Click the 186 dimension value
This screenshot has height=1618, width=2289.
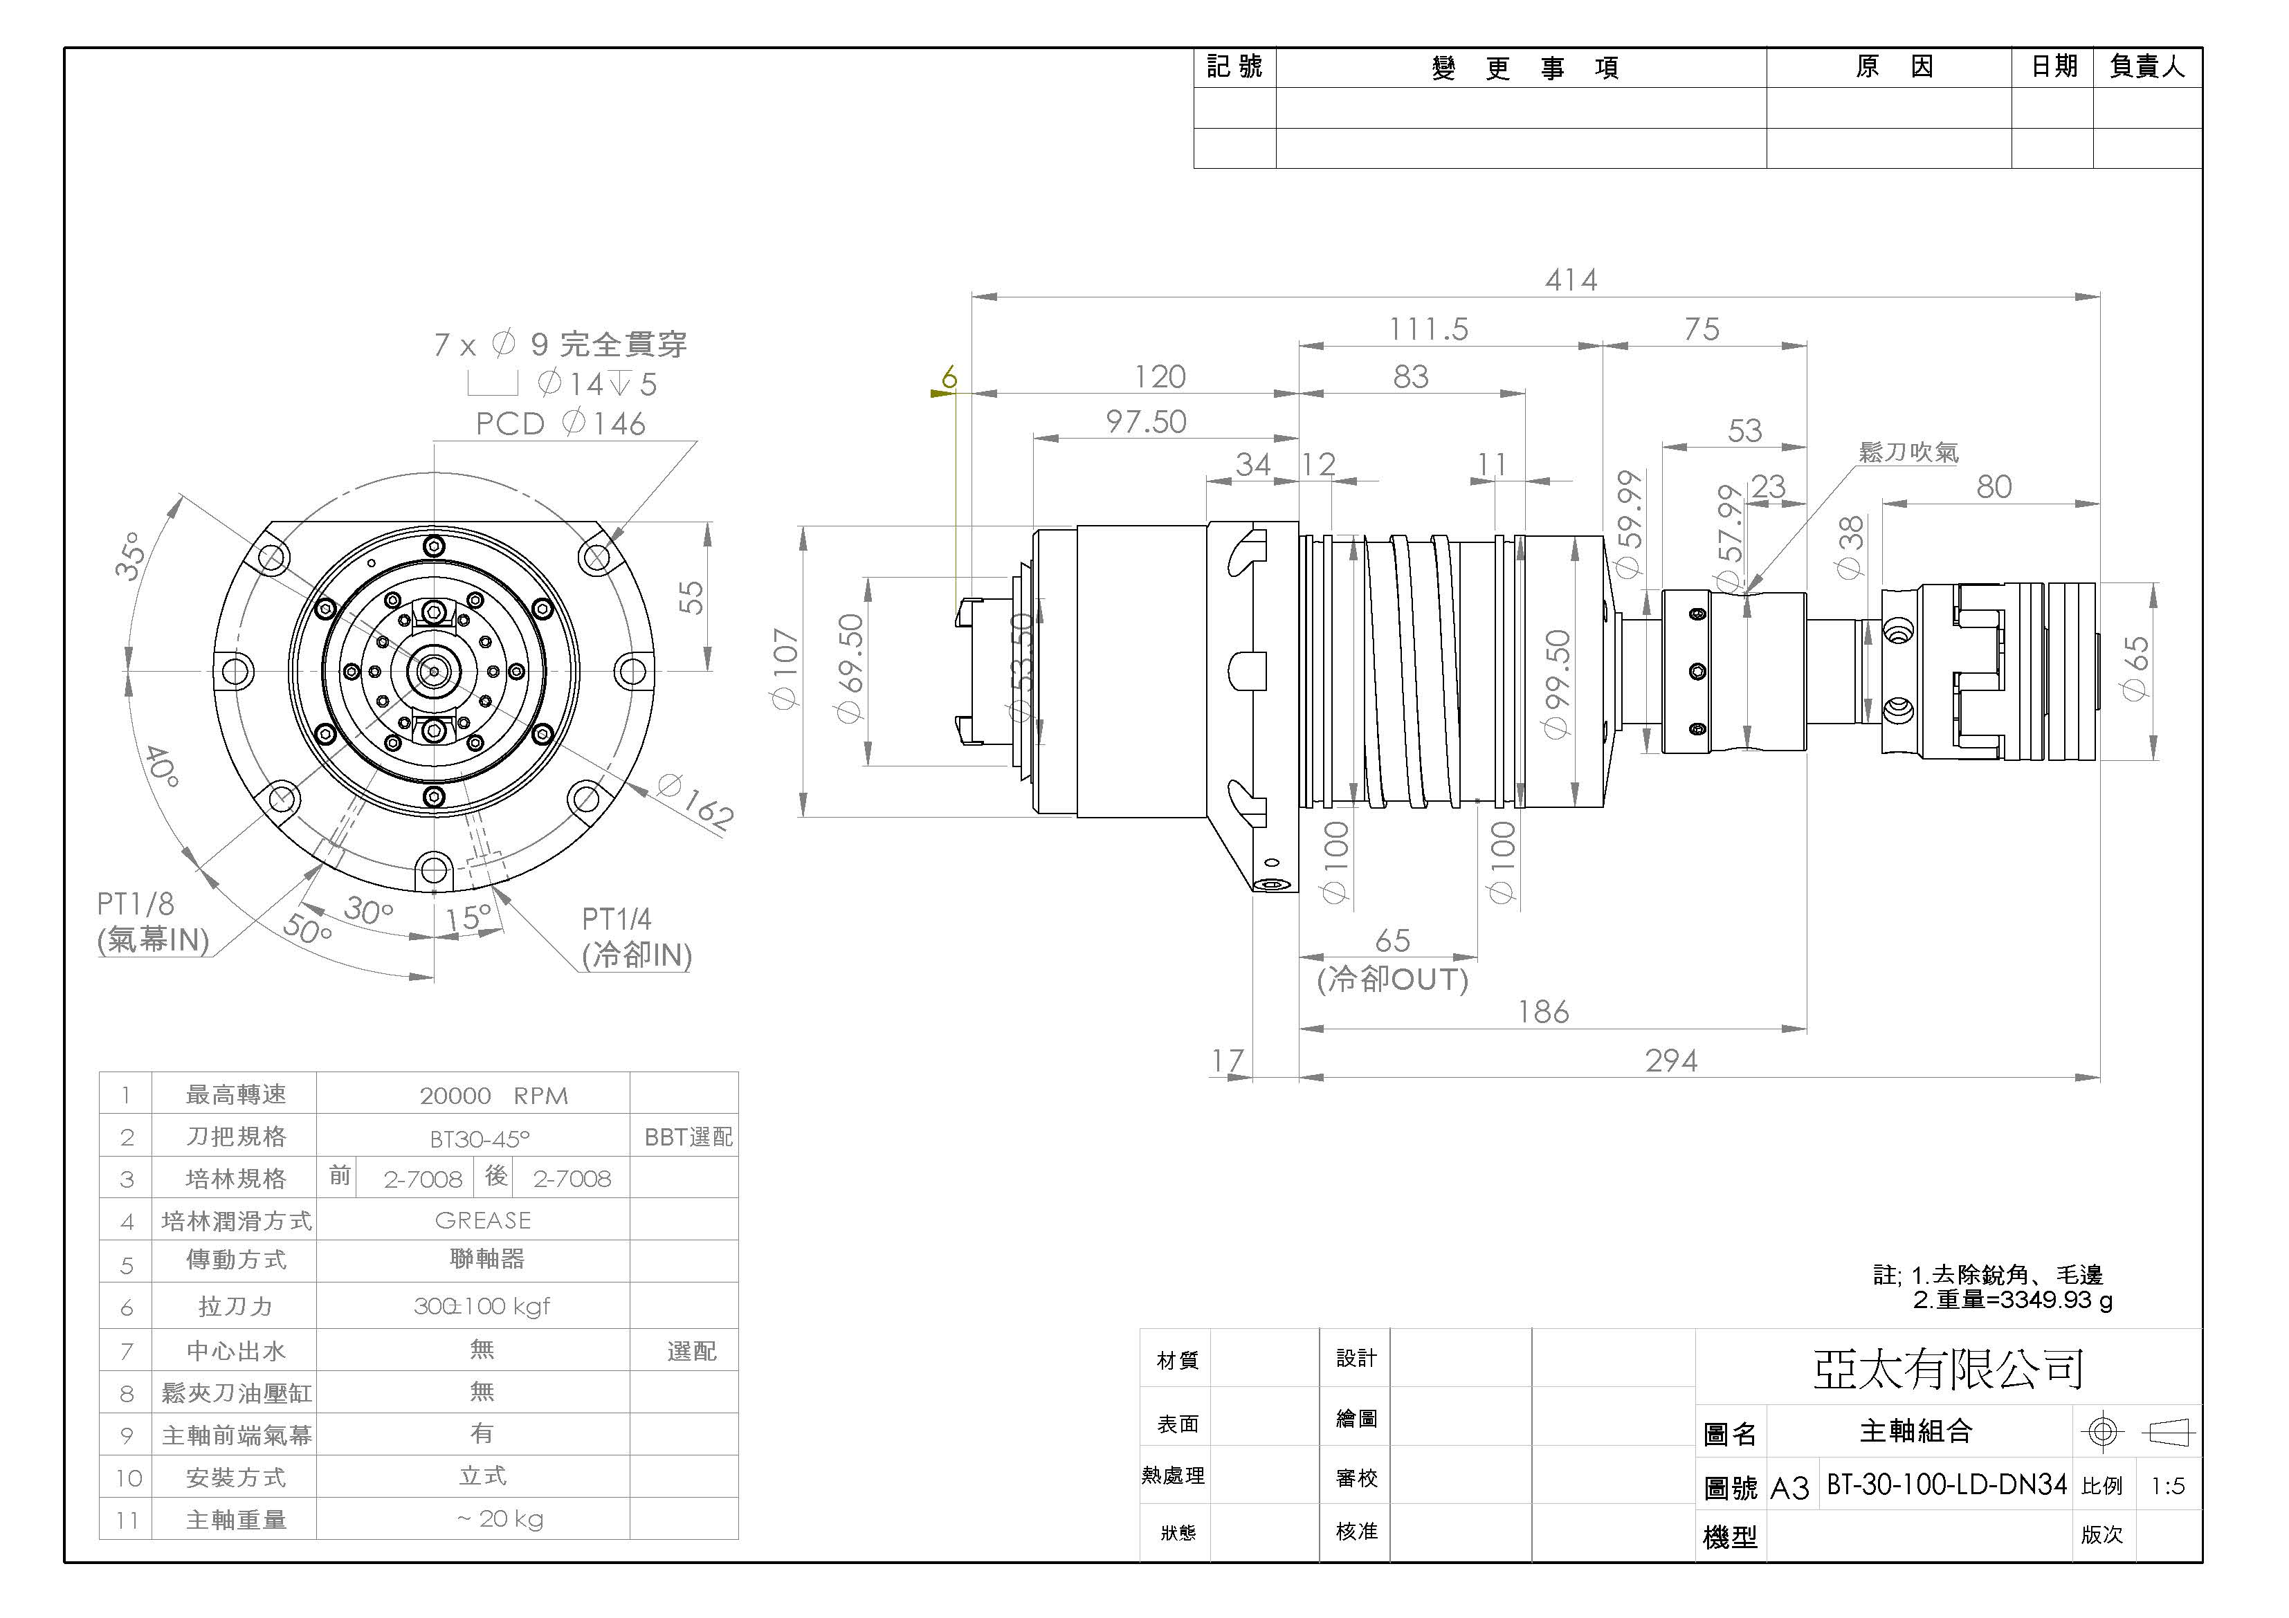pyautogui.click(x=1542, y=1013)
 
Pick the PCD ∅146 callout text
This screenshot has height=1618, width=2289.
pyautogui.click(x=560, y=423)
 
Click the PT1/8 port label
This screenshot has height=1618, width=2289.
pyautogui.click(x=136, y=904)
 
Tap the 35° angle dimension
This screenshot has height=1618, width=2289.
pyautogui.click(x=131, y=555)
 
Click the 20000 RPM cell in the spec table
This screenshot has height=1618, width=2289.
pyautogui.click(x=493, y=1096)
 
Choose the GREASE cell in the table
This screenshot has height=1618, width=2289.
pyautogui.click(x=482, y=1220)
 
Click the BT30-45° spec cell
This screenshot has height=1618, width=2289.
pyautogui.click(x=480, y=1137)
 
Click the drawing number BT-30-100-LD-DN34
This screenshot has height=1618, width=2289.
pyautogui.click(x=1945, y=1485)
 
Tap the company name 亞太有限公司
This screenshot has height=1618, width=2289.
pyautogui.click(x=1947, y=1369)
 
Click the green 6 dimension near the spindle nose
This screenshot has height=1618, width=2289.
pyautogui.click(x=949, y=377)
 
